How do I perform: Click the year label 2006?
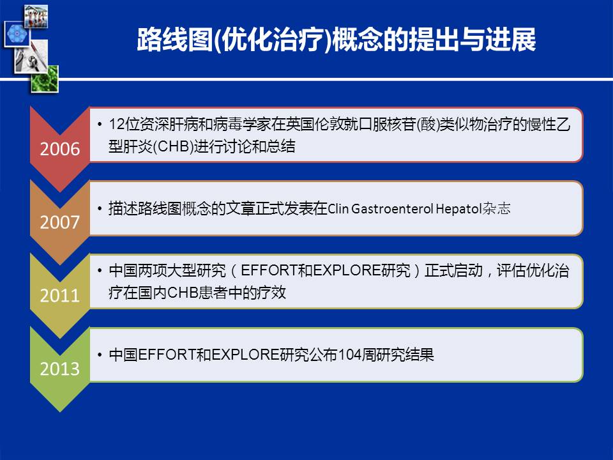tap(60, 149)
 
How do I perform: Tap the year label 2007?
tap(60, 222)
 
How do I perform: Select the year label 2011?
tap(60, 295)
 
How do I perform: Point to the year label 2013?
tap(60, 369)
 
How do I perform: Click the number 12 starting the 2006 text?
tap(117, 125)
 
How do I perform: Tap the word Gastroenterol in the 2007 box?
tap(392, 208)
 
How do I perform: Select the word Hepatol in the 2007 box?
tap(458, 209)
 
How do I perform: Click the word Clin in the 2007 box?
tap(338, 208)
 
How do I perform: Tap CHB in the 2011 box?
tap(183, 293)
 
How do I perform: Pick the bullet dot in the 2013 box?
tap(100, 355)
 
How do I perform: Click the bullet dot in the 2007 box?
tap(100, 208)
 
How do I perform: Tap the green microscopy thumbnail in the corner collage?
tap(45, 79)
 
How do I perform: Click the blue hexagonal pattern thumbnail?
tap(17, 34)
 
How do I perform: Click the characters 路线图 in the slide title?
tap(175, 40)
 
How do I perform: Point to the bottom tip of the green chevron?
tap(60, 411)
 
